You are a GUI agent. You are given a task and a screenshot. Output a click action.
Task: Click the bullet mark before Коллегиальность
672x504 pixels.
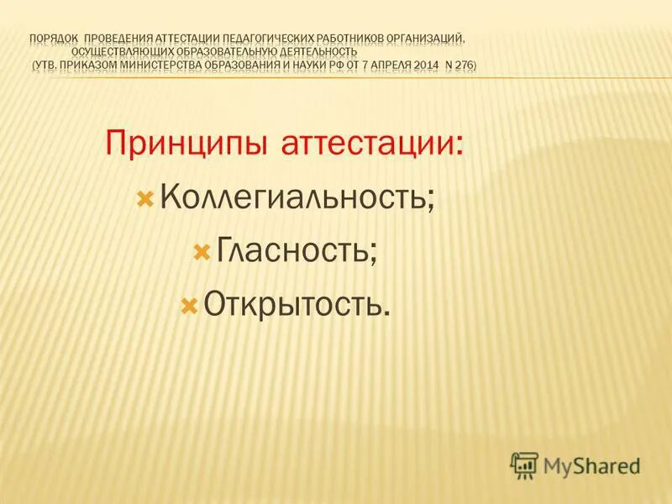coord(144,200)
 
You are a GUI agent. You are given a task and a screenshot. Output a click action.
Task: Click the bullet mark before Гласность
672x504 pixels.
coord(201,252)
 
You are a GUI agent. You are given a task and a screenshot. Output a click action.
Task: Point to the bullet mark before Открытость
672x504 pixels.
coord(189,304)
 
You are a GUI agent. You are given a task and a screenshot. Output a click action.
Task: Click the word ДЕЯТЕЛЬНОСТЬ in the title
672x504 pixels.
coord(332,51)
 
